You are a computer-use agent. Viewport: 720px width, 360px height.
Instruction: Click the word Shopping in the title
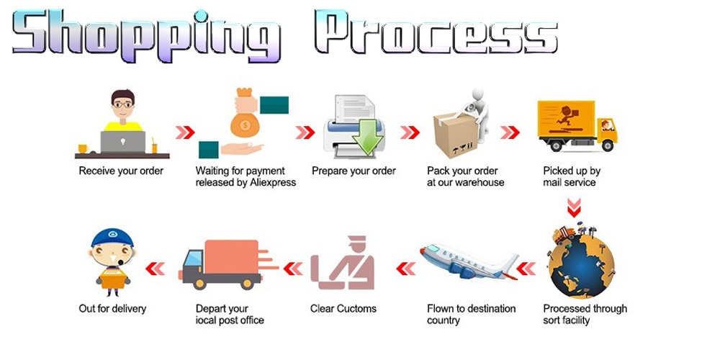click(146, 36)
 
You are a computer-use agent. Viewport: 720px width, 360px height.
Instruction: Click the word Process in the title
click(436, 33)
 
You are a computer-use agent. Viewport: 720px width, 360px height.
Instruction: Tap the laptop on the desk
click(123, 142)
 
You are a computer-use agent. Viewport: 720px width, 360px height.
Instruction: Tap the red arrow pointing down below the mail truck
click(574, 207)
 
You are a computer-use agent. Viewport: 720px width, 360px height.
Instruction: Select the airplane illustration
click(469, 262)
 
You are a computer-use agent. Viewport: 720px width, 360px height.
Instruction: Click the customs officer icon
click(343, 263)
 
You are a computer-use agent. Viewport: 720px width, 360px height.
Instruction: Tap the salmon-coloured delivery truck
click(228, 264)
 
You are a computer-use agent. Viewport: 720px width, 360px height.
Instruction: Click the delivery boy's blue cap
click(112, 238)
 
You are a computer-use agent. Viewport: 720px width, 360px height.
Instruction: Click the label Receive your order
click(121, 171)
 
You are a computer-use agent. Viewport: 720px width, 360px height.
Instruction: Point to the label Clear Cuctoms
click(343, 309)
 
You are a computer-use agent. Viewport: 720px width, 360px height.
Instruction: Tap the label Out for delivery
click(112, 309)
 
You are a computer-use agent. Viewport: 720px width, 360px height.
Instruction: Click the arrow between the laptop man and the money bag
click(185, 132)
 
